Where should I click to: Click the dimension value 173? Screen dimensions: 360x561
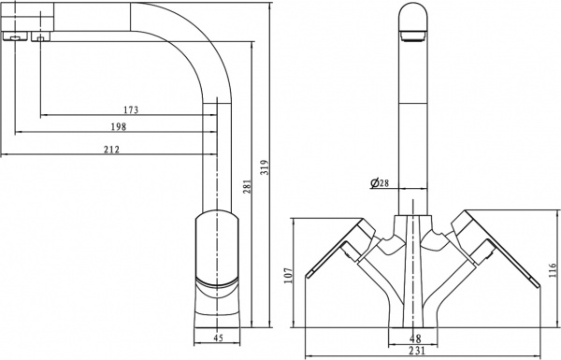[x=131, y=110]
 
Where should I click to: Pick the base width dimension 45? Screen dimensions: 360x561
[x=218, y=337]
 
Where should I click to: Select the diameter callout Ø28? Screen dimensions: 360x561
[x=380, y=183]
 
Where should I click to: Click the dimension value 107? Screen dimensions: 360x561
[x=289, y=275]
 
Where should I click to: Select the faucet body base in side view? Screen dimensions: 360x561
[x=217, y=271]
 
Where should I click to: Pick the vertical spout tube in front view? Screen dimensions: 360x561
[x=411, y=122]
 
